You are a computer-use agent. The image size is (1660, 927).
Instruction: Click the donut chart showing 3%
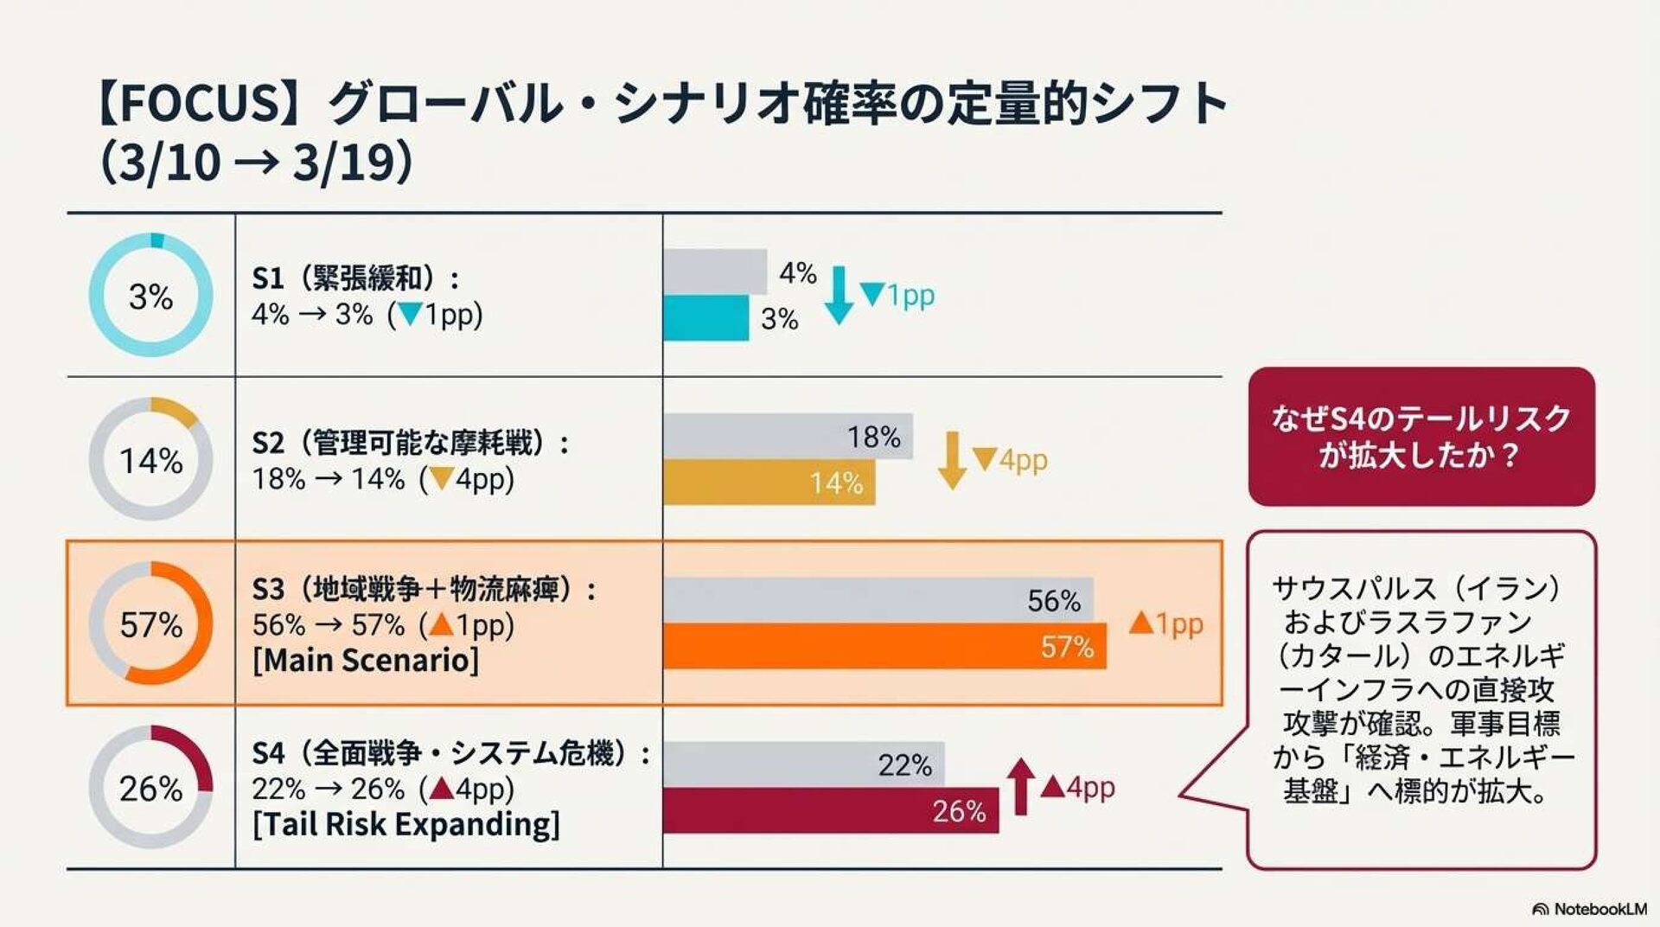151,295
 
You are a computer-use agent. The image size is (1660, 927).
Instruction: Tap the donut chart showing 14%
151,459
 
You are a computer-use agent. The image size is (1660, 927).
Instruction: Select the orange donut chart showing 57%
151,623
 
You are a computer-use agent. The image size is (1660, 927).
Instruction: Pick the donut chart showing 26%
151,787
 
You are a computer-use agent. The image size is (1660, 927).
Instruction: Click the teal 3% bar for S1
705,317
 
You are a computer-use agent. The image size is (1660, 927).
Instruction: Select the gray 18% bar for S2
787,435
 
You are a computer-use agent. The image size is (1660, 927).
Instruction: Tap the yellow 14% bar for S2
769,483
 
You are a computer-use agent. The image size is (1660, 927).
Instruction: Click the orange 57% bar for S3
884,646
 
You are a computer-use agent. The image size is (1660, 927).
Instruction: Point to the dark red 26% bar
830,810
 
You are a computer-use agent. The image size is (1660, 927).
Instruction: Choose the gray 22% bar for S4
802,764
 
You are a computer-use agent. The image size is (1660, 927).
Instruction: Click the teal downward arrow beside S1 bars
838,295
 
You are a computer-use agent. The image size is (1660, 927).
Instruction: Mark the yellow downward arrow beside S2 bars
952,460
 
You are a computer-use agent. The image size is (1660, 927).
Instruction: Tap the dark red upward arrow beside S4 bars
1020,786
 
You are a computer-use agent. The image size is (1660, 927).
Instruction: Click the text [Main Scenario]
366,660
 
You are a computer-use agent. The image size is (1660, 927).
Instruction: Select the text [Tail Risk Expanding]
406,824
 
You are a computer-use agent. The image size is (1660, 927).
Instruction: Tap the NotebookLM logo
1589,909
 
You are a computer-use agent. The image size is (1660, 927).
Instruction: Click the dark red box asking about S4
1421,437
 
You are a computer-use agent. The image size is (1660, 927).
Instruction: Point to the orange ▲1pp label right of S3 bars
1166,623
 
